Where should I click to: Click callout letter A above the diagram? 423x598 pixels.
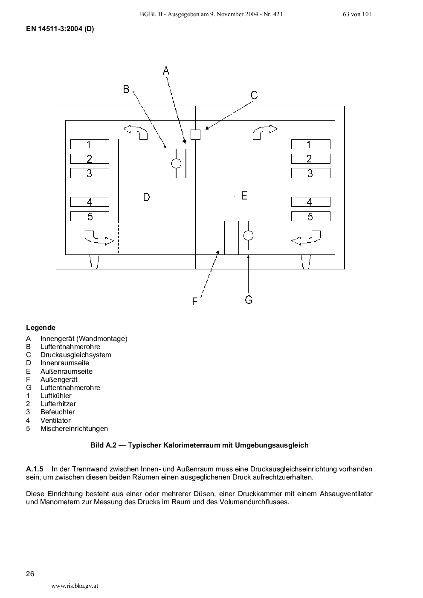tap(166, 71)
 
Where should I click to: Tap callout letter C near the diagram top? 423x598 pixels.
tap(254, 95)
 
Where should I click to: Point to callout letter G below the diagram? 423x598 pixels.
tap(249, 300)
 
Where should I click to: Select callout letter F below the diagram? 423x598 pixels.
tap(195, 301)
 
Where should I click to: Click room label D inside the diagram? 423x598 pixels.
tap(146, 197)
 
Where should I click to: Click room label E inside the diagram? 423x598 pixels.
tap(244, 196)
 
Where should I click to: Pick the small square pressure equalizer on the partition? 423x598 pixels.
tap(195, 135)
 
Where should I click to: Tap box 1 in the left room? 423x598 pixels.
tap(90, 144)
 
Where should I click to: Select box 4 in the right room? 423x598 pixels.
tap(310, 202)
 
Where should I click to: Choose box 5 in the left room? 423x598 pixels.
tap(90, 216)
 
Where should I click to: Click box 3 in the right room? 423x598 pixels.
tap(310, 173)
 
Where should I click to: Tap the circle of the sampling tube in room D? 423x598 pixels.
tap(176, 163)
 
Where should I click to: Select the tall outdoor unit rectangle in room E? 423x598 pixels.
tap(232, 237)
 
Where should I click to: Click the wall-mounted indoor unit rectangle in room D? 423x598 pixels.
tap(191, 163)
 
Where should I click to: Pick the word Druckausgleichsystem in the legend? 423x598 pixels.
tap(75, 355)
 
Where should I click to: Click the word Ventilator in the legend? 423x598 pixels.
tap(55, 420)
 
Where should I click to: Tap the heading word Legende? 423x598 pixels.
tap(41, 328)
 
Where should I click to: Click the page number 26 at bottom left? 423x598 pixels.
tap(30, 573)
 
